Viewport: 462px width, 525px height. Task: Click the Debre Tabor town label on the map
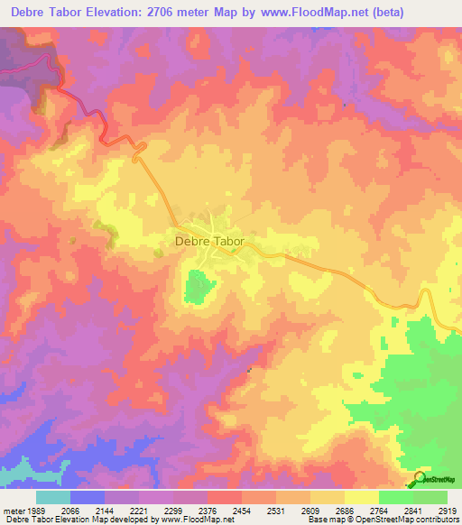(208, 242)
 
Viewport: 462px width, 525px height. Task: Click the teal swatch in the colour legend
(53, 497)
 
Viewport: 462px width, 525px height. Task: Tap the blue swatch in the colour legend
(88, 497)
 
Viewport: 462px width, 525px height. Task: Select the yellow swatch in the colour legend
(362, 497)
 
